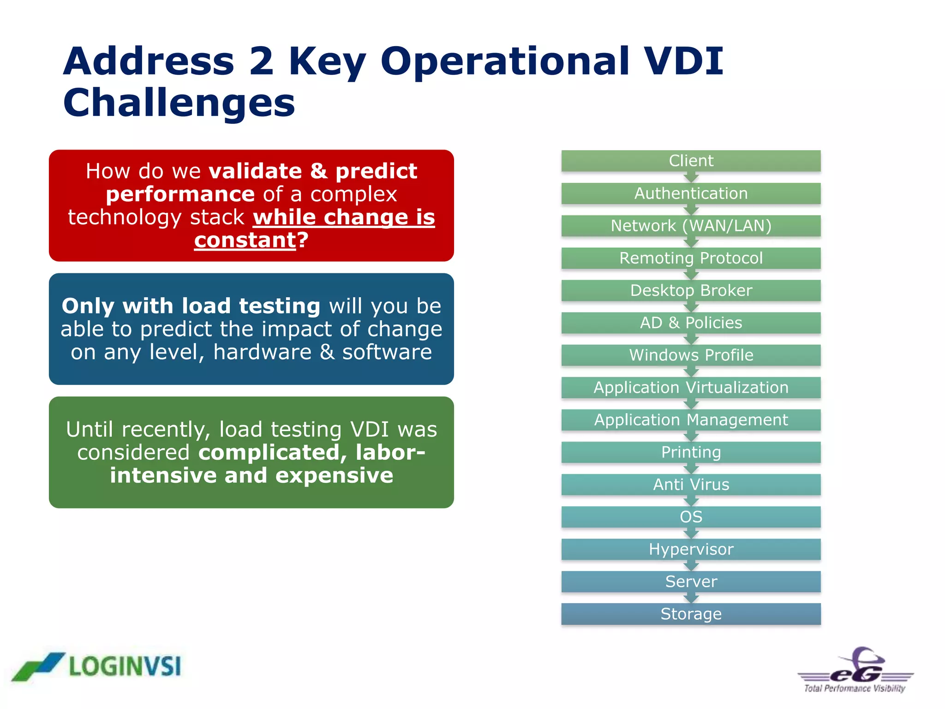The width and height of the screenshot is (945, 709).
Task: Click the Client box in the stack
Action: coord(691,161)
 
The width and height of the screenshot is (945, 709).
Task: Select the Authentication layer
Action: coord(691,193)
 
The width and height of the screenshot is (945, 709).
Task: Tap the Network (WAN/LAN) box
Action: coord(691,226)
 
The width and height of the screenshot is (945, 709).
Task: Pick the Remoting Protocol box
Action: coord(691,258)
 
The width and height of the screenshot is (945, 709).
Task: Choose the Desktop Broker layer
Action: coord(691,290)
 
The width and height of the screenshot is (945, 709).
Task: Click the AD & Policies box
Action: coord(691,323)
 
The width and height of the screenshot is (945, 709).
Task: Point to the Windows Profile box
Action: coord(691,355)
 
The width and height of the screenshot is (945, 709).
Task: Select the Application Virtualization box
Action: coord(691,387)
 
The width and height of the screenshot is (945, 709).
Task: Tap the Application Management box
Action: coord(691,420)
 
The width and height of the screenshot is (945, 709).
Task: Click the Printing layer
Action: coord(691,452)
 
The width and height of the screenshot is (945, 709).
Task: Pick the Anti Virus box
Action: coord(691,484)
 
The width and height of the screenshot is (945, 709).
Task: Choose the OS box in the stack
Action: coord(691,517)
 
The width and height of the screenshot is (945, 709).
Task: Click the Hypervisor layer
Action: coord(691,549)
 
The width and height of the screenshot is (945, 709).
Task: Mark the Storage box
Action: coord(691,614)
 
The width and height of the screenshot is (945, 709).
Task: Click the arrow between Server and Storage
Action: coord(691,598)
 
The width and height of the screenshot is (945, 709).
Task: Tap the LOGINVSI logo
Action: coord(97,667)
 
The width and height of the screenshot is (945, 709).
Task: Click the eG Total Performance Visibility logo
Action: coord(855,670)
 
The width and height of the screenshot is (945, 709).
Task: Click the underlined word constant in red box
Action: coord(245,240)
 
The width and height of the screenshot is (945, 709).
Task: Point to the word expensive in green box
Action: coord(334,475)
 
